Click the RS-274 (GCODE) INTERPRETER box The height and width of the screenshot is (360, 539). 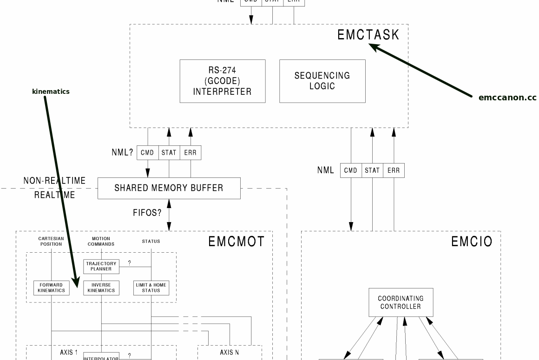point(223,81)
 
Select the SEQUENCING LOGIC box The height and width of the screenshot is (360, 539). point(322,81)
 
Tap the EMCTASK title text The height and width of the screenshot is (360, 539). point(368,35)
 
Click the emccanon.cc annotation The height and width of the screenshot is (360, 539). point(507,98)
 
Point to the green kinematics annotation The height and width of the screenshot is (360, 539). point(51,92)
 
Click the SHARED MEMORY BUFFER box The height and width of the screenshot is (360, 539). point(169,188)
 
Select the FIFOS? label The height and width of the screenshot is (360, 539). point(147,213)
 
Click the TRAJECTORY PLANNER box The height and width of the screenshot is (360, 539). point(101,266)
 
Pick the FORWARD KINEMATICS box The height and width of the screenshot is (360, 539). point(52,288)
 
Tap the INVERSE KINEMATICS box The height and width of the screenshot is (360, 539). point(101,288)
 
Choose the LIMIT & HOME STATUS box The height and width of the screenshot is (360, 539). point(151,288)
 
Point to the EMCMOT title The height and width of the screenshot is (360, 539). point(236,242)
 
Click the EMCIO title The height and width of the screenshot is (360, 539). point(472,242)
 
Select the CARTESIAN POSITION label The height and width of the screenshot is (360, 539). point(51,241)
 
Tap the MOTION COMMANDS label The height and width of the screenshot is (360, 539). point(101,241)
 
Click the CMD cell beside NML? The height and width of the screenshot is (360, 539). point(147,153)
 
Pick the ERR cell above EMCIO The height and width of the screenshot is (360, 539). point(394,170)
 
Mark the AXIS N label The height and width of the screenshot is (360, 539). point(230,353)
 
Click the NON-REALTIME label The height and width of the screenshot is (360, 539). point(54,181)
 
